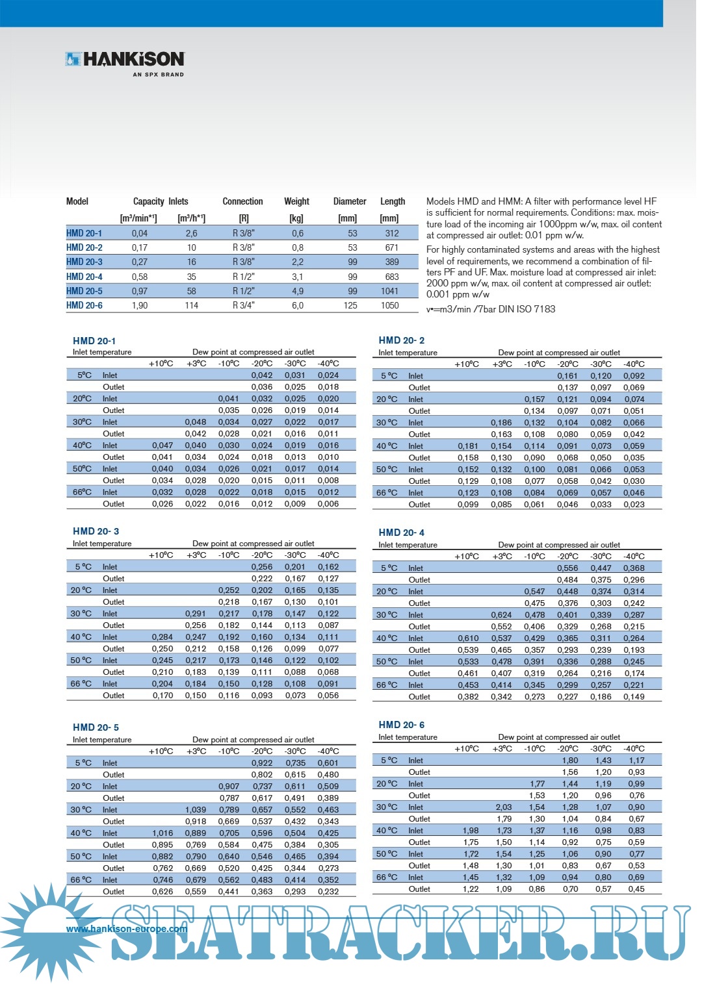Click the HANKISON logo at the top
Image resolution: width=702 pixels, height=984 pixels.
pos(125,59)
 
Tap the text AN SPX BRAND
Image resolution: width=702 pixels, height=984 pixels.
pos(158,75)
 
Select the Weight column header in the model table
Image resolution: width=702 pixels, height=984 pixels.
pos(296,201)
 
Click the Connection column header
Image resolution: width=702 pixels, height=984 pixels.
pos(242,201)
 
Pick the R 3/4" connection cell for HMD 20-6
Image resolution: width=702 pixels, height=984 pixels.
pos(244,305)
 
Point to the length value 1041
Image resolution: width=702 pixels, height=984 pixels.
pos(389,291)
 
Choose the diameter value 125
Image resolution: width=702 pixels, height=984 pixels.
pos(350,305)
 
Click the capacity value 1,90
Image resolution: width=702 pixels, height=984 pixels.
pos(140,305)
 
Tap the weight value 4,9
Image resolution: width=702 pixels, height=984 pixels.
pos(297,291)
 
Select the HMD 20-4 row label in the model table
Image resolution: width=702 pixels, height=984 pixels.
pos(84,277)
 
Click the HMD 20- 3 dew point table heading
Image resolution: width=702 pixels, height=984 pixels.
pos(96,531)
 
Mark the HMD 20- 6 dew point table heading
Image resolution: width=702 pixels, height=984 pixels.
pos(401,725)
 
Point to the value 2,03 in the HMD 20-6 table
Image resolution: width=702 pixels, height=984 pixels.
pos(503,807)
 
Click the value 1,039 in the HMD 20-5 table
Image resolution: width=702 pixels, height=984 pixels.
pos(196,810)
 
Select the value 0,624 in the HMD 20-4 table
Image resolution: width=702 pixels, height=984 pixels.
pos(500,615)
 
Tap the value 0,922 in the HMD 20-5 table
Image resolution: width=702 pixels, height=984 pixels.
pos(262,763)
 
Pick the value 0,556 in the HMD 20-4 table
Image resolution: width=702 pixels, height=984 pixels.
pos(567,568)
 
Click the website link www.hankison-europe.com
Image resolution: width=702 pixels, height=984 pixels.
pos(126,929)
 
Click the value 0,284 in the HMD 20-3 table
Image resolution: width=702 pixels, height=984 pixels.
pos(162,637)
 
